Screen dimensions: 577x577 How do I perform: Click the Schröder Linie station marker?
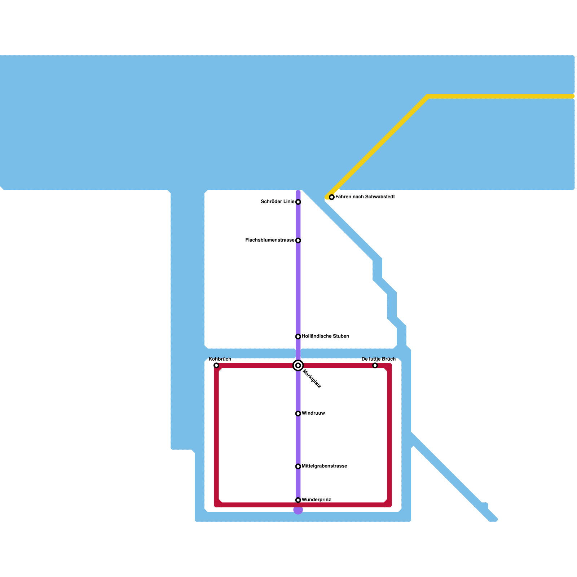(x=298, y=202)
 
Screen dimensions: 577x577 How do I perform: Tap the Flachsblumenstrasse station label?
(x=270, y=240)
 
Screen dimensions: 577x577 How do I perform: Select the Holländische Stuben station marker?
(x=298, y=336)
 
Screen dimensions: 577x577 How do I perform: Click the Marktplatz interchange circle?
(x=298, y=366)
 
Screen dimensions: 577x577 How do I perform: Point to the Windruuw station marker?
(x=298, y=413)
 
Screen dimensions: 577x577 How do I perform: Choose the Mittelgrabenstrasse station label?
(x=324, y=466)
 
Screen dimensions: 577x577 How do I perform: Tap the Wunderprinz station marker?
(x=298, y=500)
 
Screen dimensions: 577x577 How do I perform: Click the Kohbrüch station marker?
(x=216, y=366)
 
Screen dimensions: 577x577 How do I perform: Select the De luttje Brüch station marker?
(x=375, y=366)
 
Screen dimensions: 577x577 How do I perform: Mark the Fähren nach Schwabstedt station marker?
(x=332, y=197)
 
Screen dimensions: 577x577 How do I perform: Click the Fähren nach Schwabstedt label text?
(x=365, y=197)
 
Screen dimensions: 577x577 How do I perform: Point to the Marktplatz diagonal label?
(x=312, y=379)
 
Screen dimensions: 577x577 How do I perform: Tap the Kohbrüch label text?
(x=220, y=359)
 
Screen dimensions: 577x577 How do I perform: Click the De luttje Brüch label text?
(x=378, y=359)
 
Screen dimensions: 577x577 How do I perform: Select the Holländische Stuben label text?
(x=325, y=336)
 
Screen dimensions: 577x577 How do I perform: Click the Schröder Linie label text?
(x=278, y=202)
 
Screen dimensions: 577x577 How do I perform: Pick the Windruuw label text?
(x=313, y=413)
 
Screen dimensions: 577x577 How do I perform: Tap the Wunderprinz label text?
(x=316, y=500)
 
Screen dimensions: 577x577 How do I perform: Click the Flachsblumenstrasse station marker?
(x=298, y=240)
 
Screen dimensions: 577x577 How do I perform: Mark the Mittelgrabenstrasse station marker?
(x=298, y=466)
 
